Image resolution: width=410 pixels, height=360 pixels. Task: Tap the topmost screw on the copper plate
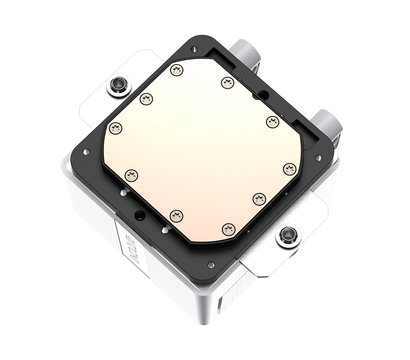click(x=177, y=69)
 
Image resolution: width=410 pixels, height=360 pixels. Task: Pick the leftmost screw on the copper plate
click(x=114, y=128)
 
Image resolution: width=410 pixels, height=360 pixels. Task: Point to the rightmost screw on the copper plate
click(x=289, y=169)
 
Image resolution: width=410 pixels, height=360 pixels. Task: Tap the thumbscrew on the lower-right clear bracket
click(x=288, y=236)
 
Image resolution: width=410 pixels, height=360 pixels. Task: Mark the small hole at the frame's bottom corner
click(x=210, y=265)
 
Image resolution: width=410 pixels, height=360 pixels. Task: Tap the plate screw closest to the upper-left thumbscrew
click(x=146, y=98)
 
